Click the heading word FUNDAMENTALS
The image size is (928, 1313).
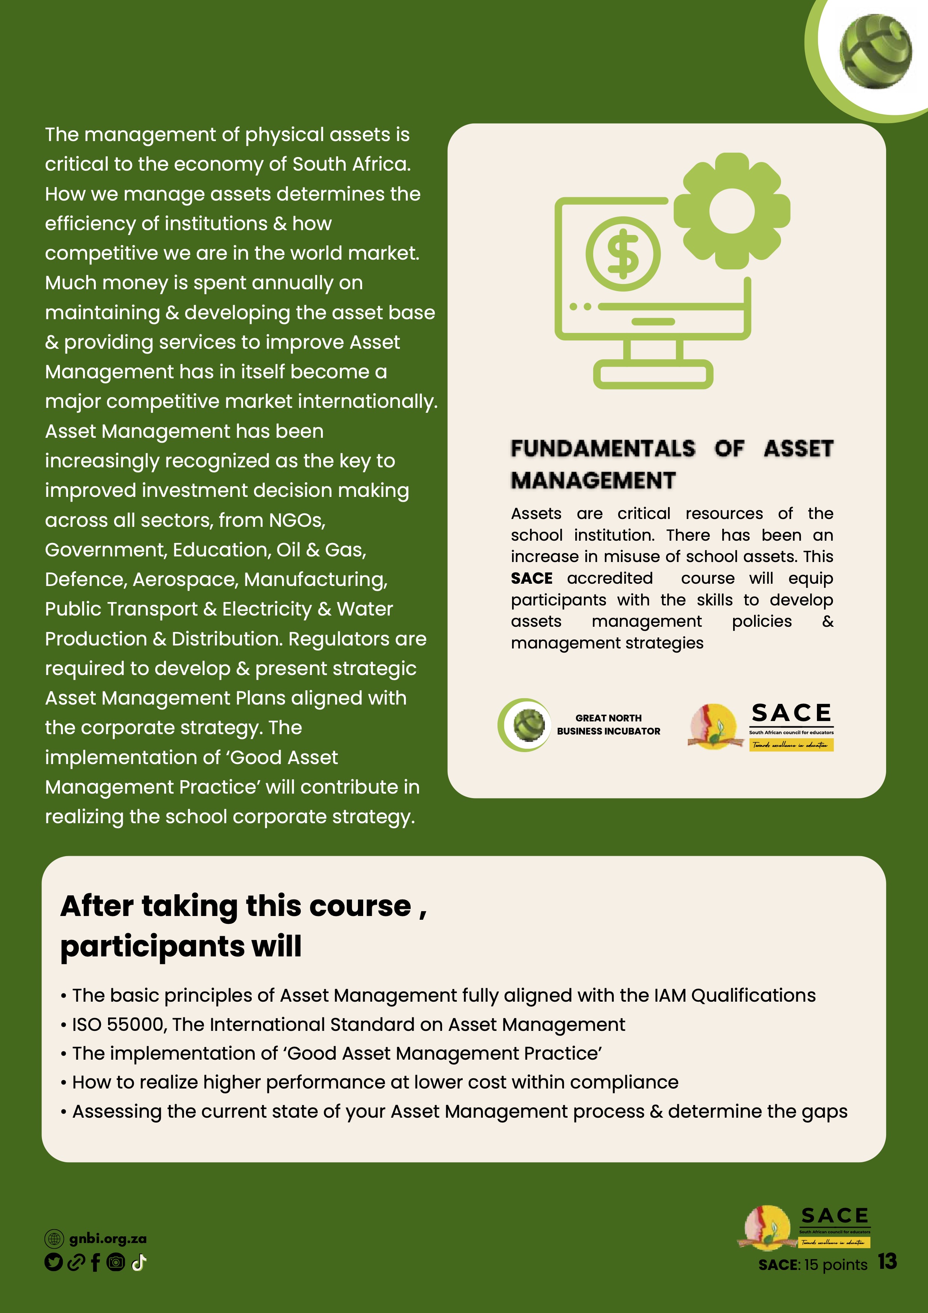click(x=603, y=449)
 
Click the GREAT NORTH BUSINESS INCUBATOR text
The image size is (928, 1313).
click(x=608, y=724)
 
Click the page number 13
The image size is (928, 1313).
click(x=887, y=1261)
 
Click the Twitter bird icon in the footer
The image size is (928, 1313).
click(x=53, y=1262)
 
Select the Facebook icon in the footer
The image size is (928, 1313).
click(x=95, y=1262)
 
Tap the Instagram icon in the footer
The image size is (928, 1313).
click(x=116, y=1262)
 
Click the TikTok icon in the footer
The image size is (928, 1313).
click(x=139, y=1262)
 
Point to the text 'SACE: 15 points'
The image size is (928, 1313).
click(x=812, y=1264)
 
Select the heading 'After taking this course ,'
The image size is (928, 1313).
click(x=243, y=906)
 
